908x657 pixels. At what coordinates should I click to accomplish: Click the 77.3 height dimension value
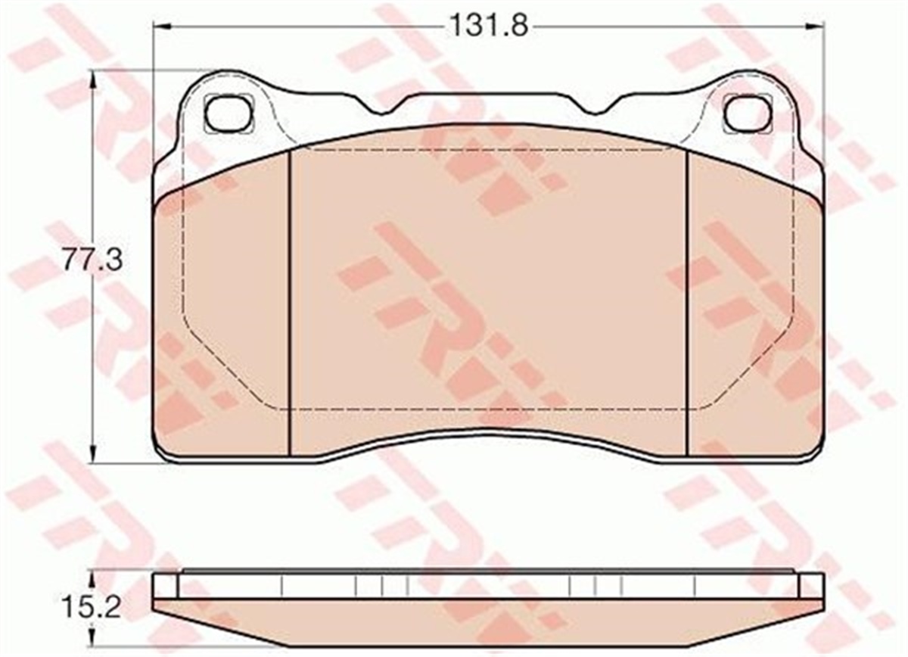pos(82,263)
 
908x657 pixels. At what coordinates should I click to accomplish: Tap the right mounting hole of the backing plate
pos(748,113)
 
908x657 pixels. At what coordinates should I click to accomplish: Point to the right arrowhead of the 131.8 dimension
pos(818,26)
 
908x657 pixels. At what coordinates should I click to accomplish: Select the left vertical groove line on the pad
pos(290,303)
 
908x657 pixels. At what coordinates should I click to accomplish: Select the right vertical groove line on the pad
pos(686,303)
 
